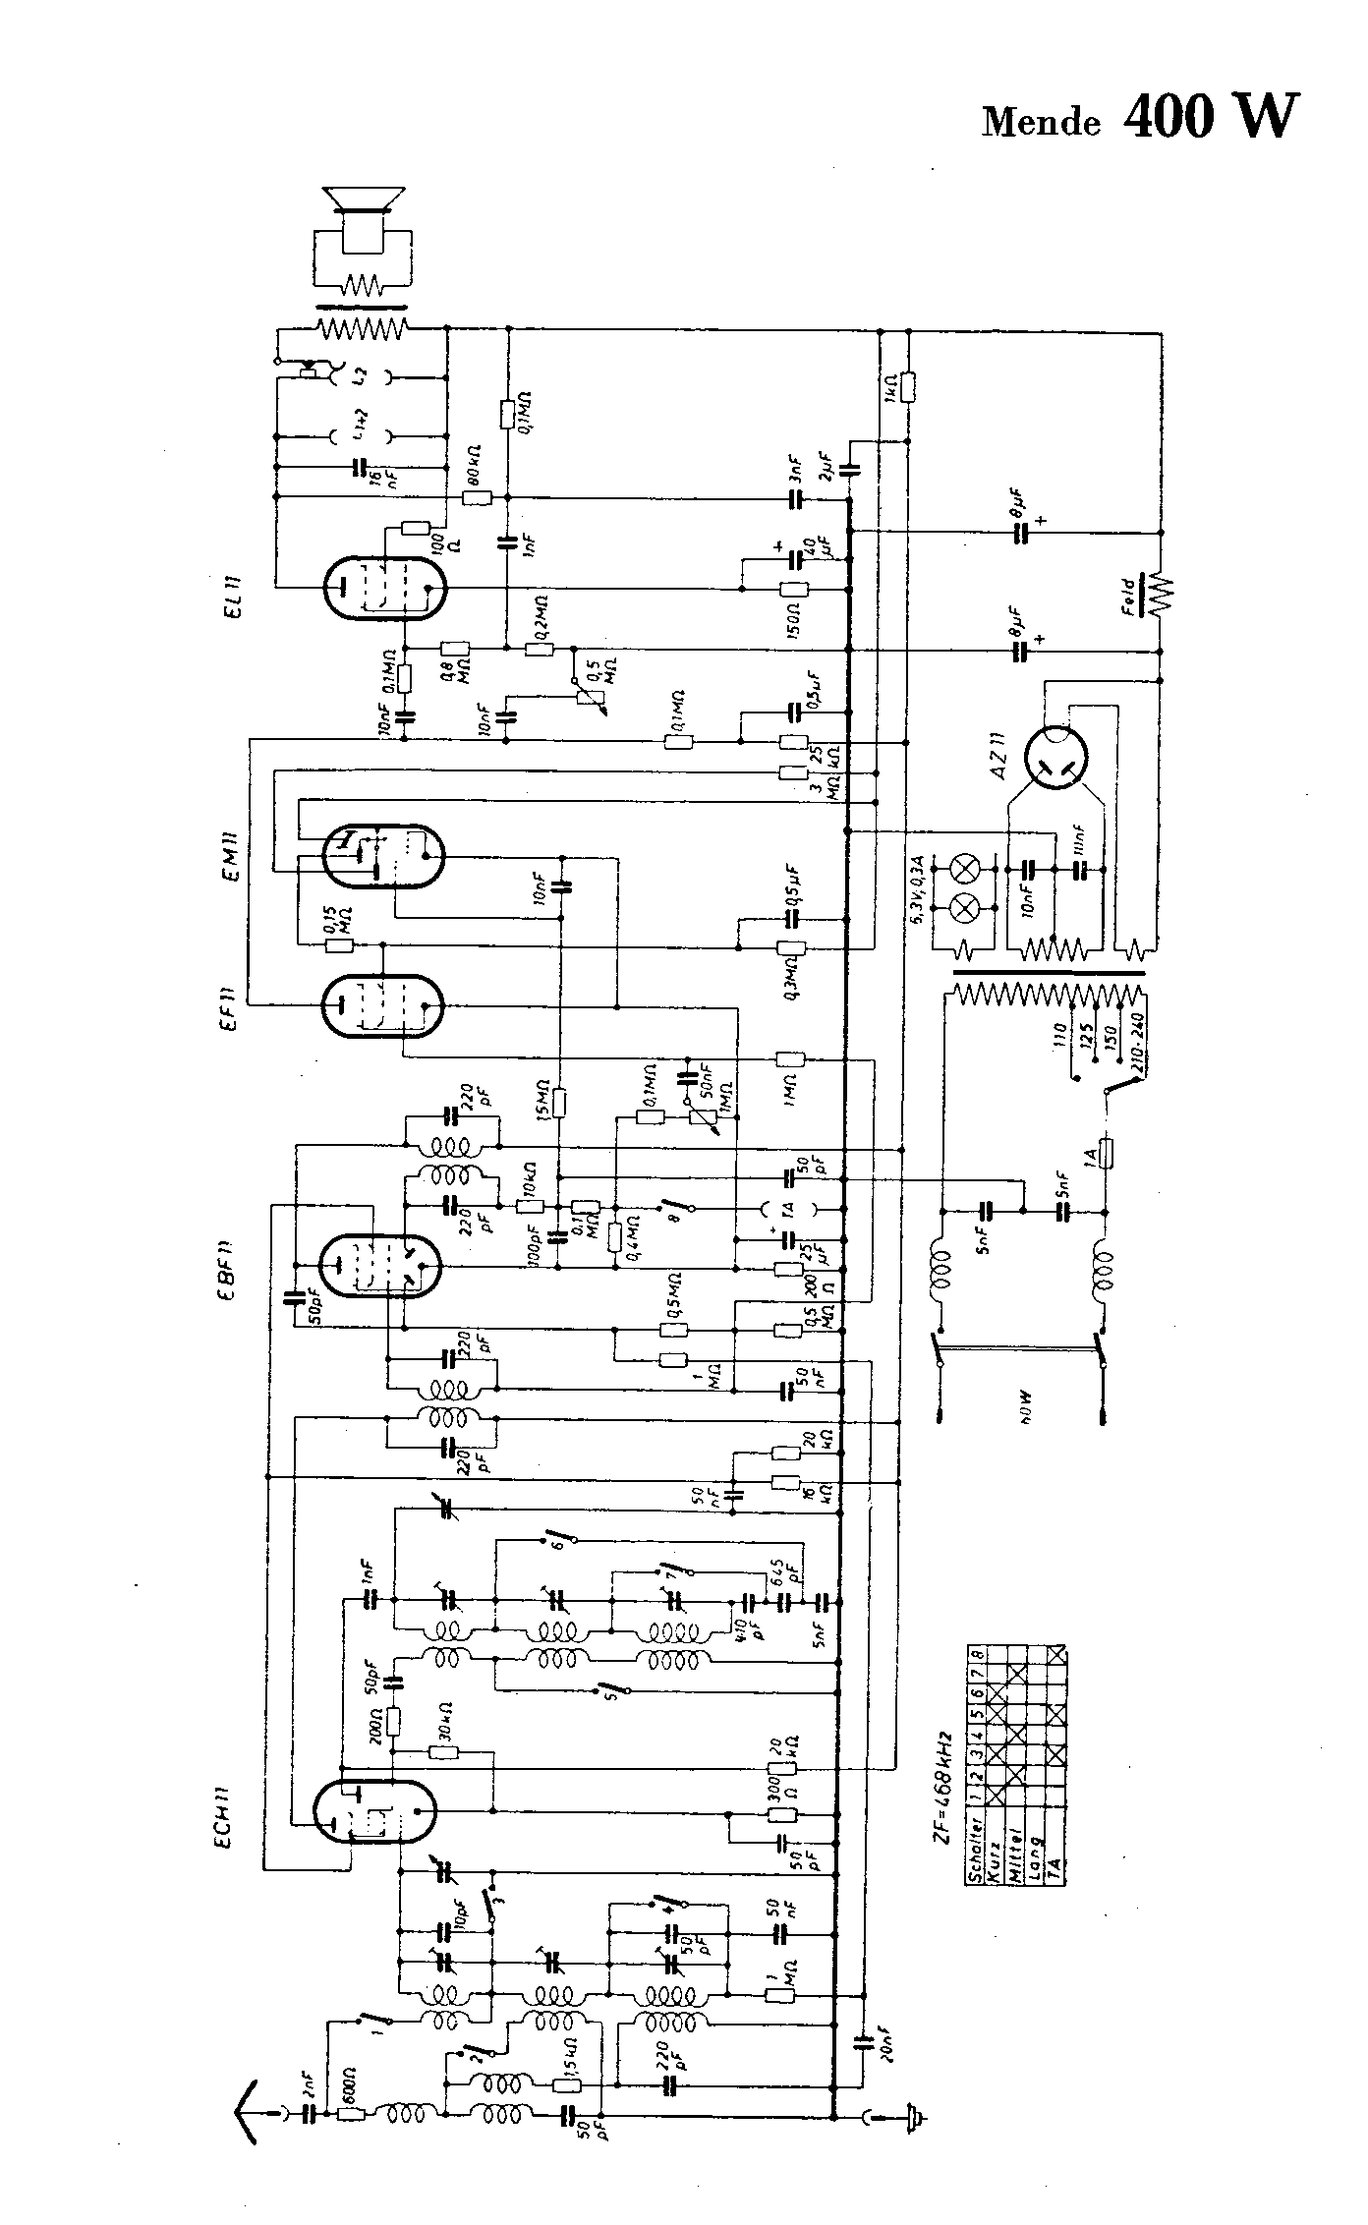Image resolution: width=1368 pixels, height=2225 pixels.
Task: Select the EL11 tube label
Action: click(234, 589)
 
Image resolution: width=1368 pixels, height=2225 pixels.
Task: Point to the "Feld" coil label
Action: click(1129, 595)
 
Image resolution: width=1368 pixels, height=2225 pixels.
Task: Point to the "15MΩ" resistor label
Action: click(543, 1102)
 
